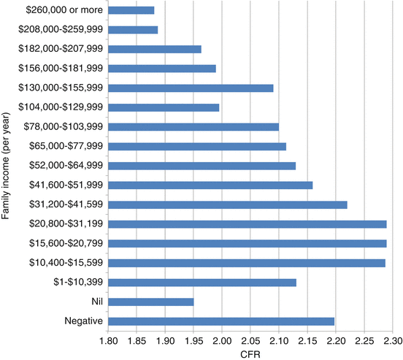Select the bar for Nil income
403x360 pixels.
coord(150,301)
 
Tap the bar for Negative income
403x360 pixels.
coord(220,321)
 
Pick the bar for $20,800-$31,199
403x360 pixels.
coord(247,223)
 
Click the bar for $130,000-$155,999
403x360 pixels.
coord(191,88)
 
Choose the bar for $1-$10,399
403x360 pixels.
coord(201,281)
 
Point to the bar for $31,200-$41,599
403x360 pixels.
coord(227,204)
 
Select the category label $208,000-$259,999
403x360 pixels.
coord(61,30)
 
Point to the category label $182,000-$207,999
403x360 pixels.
coord(61,49)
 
